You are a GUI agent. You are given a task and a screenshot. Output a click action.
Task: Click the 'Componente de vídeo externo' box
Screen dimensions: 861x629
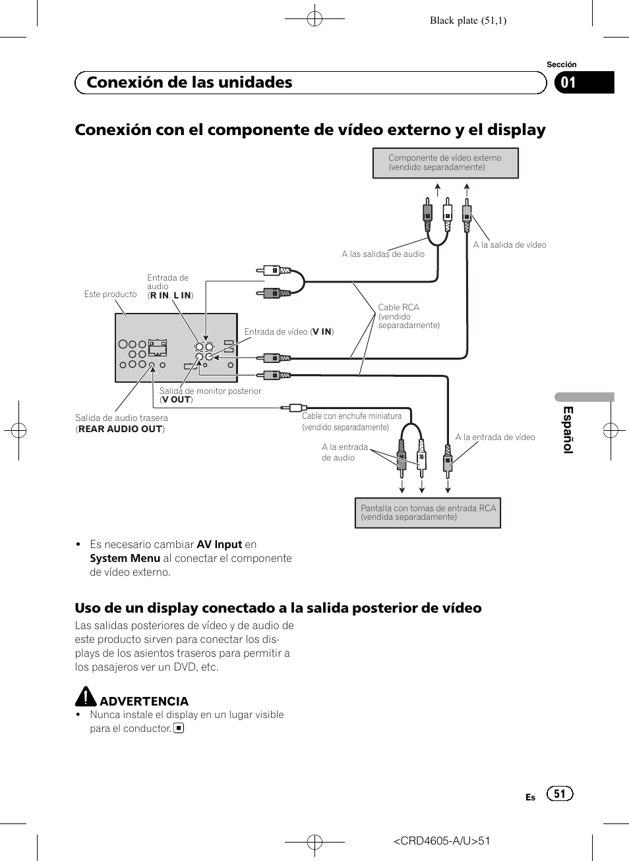coord(445,163)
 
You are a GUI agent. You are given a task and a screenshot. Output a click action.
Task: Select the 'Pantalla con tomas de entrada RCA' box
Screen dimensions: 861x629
coord(428,513)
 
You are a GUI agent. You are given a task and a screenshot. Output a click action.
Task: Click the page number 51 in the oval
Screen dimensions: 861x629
coord(560,794)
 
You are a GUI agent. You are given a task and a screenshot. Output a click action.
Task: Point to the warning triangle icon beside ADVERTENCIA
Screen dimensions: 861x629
coord(86,697)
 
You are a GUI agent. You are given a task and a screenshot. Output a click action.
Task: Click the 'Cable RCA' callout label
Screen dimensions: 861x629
coord(399,308)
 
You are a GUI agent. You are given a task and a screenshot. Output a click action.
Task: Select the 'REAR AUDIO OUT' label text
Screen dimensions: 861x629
coord(121,429)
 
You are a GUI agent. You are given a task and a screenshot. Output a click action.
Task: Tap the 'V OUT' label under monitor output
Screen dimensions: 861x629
coord(176,399)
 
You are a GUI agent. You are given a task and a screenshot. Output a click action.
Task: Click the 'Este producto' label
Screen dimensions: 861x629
coord(110,294)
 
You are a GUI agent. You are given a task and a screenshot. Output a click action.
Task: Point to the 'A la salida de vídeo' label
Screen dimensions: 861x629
coord(510,245)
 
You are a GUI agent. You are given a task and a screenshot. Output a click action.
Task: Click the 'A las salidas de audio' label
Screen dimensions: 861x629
coord(383,254)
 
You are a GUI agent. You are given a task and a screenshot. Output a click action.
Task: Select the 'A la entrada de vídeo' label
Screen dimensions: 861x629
coord(495,437)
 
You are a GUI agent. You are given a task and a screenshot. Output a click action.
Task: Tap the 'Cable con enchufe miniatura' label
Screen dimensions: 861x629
coord(351,416)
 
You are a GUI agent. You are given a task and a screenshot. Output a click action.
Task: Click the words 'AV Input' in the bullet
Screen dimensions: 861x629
coord(220,545)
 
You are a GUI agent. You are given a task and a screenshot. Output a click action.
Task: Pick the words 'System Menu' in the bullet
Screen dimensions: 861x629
coord(125,559)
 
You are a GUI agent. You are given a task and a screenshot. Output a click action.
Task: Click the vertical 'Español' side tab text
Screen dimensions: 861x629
coord(568,430)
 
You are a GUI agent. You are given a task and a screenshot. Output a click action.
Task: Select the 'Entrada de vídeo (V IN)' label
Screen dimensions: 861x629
coord(289,332)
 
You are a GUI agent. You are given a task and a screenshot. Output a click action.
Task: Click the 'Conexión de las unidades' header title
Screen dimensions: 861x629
coord(189,82)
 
